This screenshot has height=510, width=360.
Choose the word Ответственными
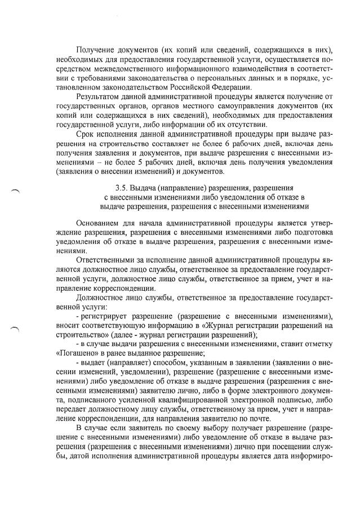(x=107, y=257)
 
